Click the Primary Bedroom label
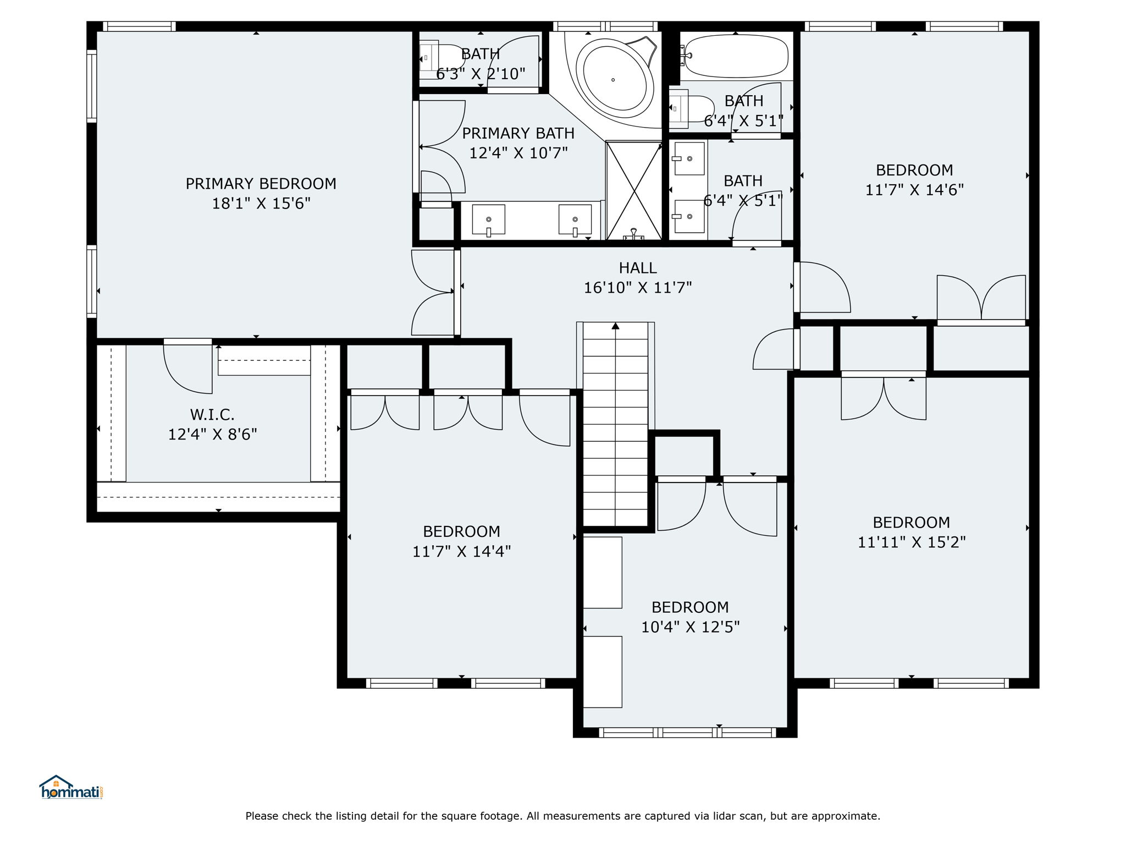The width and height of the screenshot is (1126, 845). [261, 184]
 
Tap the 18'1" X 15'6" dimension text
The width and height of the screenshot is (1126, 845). [261, 204]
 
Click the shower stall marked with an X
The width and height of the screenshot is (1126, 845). [634, 190]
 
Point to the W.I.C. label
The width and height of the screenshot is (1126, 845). [212, 415]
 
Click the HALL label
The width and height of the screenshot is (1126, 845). [638, 268]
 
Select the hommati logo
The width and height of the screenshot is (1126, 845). [71, 788]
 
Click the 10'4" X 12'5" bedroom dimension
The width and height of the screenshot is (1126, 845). [691, 627]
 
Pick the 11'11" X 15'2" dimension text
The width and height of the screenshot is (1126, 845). [912, 542]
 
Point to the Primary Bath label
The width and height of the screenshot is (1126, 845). [518, 134]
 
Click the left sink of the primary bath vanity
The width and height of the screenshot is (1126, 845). [488, 220]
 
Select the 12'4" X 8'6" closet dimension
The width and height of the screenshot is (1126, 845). [212, 435]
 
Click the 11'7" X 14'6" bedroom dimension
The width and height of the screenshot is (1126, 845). [914, 190]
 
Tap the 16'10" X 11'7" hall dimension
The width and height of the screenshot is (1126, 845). [638, 287]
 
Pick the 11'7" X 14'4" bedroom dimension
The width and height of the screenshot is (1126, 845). [462, 551]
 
